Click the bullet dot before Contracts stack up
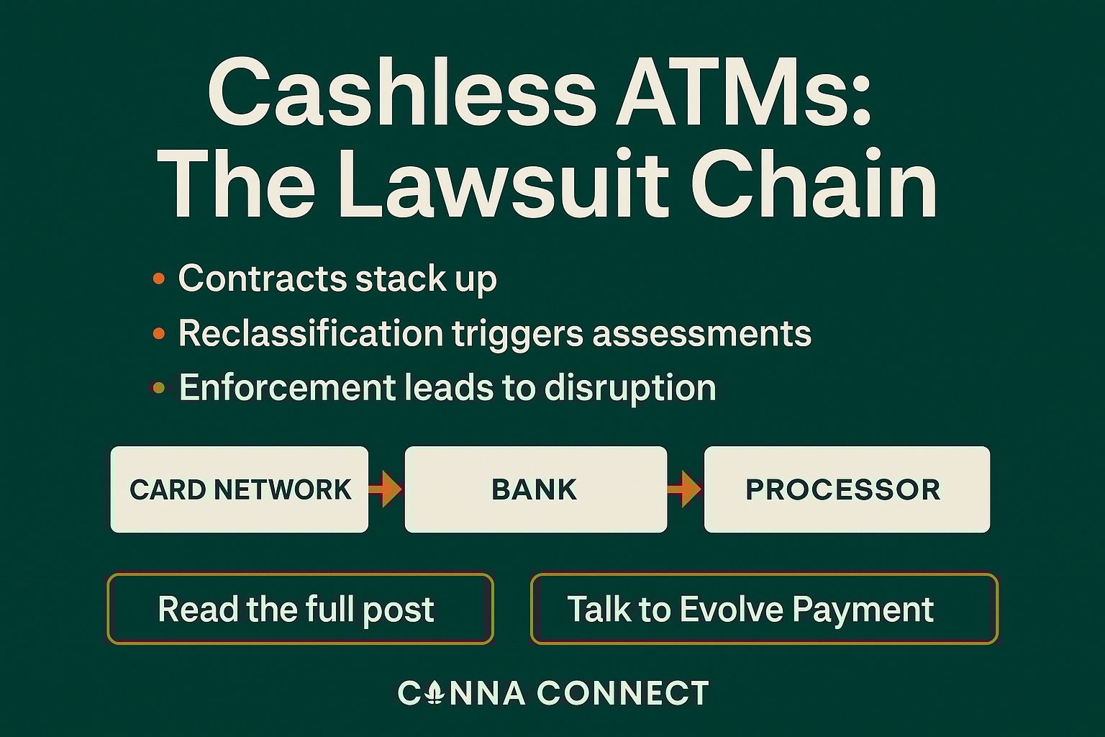point(159,279)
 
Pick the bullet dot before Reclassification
point(159,333)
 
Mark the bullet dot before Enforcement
point(159,388)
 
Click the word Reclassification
point(310,333)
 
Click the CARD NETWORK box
point(240,489)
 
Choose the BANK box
point(535,489)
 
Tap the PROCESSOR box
point(846,489)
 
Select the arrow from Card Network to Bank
point(386,489)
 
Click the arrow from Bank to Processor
point(684,489)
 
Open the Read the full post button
point(300,609)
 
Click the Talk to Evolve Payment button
point(764,609)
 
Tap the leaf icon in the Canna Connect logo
point(434,693)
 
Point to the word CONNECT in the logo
point(623,693)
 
